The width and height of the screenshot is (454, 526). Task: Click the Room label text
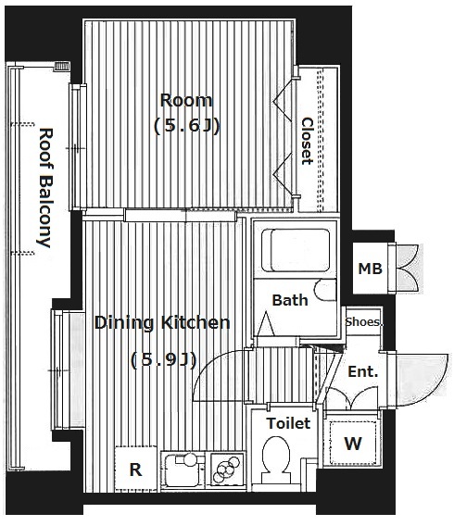click(186, 100)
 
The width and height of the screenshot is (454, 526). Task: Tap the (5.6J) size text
click(186, 127)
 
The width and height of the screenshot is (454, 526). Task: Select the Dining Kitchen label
click(162, 322)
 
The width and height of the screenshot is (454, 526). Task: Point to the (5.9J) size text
click(163, 360)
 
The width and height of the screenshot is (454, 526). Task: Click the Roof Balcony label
click(44, 188)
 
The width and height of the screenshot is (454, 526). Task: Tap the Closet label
click(307, 141)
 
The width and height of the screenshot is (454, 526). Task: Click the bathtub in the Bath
click(296, 250)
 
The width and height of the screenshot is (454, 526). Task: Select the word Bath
click(290, 300)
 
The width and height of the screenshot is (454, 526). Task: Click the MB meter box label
click(370, 269)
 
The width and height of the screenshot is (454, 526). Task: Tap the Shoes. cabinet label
click(364, 322)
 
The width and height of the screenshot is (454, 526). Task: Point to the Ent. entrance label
click(362, 371)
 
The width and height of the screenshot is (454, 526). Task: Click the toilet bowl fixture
click(276, 459)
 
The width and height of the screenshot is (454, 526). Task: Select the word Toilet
click(288, 423)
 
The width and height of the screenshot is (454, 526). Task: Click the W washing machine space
click(353, 444)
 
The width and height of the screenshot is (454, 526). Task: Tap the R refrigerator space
click(135, 469)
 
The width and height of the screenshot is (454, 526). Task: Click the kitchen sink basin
click(183, 470)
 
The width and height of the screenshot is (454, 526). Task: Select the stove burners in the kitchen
click(225, 468)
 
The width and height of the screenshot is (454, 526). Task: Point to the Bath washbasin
click(325, 290)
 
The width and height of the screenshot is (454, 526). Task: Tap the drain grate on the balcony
click(62, 66)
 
